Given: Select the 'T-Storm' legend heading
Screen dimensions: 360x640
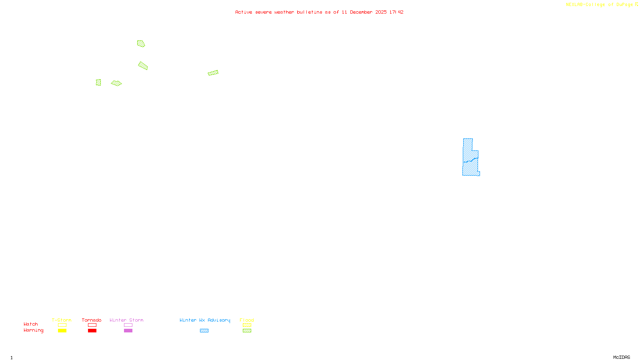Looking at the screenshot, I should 62,320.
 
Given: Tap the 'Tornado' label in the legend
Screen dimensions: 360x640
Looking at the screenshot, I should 92,320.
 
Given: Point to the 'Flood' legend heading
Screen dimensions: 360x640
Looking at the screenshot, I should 247,320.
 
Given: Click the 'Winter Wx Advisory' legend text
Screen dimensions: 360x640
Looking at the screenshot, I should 205,320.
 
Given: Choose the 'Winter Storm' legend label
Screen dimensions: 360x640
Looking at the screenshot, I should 126,320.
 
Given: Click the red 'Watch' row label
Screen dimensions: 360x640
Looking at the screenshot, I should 31,324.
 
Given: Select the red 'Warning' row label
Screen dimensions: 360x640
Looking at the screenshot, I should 34,330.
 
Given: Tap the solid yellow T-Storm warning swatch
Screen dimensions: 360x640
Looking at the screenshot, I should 62,331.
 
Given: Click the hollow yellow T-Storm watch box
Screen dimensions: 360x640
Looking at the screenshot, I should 62,325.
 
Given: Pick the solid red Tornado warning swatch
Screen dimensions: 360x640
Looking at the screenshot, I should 92,331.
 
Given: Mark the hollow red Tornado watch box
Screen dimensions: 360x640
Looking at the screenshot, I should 92,325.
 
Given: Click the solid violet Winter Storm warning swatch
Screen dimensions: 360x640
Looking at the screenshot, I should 128,331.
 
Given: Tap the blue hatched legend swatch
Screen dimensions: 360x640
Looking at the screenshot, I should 204,331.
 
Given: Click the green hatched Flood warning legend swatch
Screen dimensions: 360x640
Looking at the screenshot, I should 247,331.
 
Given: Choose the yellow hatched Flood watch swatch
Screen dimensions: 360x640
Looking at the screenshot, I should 247,325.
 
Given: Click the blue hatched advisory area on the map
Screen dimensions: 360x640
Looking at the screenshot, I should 470,160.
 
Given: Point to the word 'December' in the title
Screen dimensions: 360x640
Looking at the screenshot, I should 361,12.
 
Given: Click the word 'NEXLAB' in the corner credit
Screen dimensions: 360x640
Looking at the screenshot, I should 574,4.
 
